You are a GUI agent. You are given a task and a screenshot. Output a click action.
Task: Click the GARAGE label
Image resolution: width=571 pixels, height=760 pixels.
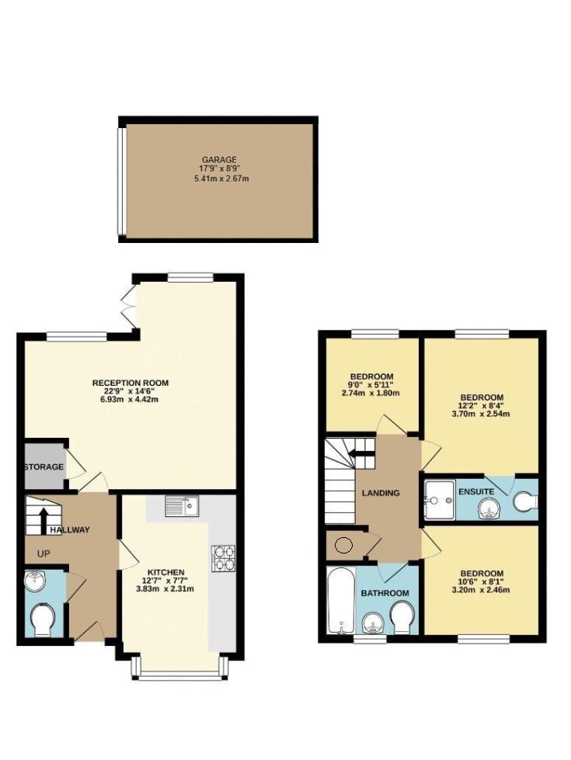pyautogui.click(x=219, y=159)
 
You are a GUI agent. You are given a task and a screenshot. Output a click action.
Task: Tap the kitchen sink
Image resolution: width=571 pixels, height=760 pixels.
pyautogui.click(x=182, y=506)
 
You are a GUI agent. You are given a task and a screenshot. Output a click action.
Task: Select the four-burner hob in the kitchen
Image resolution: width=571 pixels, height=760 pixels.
pyautogui.click(x=223, y=558)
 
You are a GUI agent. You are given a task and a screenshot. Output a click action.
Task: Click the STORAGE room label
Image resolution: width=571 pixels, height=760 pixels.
pyautogui.click(x=44, y=467)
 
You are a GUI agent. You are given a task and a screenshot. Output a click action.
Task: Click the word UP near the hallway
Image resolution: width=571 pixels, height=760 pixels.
pyautogui.click(x=44, y=554)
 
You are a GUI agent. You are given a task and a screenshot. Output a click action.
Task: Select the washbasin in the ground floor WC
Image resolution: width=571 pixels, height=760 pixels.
pyautogui.click(x=34, y=581)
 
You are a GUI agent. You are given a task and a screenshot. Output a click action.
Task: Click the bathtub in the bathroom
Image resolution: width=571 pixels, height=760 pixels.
pyautogui.click(x=341, y=601)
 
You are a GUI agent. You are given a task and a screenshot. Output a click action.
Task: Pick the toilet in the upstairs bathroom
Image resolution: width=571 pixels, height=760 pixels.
pyautogui.click(x=402, y=617)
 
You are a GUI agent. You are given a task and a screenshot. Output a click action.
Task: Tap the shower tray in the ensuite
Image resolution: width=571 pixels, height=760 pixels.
pyautogui.click(x=440, y=500)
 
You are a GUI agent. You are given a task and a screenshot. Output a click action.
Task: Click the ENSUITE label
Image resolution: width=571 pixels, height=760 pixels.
pyautogui.click(x=476, y=491)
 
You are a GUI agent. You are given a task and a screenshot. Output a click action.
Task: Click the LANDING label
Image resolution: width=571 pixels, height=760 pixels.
pyautogui.click(x=381, y=493)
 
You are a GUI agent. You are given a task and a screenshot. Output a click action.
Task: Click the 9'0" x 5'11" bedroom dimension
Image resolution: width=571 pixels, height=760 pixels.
pyautogui.click(x=371, y=385)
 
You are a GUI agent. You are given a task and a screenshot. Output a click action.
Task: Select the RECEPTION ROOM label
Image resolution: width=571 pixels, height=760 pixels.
pyautogui.click(x=131, y=383)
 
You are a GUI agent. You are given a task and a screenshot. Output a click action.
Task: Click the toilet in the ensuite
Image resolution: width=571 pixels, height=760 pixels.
pyautogui.click(x=526, y=501)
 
